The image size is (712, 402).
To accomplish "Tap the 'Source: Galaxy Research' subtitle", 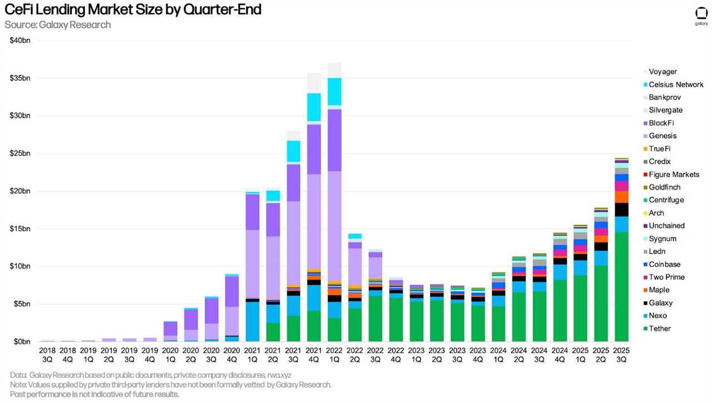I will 58,25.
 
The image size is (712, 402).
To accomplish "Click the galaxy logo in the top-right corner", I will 701,16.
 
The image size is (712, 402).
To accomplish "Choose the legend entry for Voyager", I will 662,72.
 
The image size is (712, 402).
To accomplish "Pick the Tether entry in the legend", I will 660,329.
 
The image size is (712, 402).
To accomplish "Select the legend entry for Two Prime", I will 666,277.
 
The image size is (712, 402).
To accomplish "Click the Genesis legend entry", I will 662,136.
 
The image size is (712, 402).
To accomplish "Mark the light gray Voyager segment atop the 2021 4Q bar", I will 314,83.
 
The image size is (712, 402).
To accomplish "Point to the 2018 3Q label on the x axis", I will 48,355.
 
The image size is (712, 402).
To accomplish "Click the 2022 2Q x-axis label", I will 355,355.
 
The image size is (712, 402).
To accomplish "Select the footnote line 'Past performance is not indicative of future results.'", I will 95,394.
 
